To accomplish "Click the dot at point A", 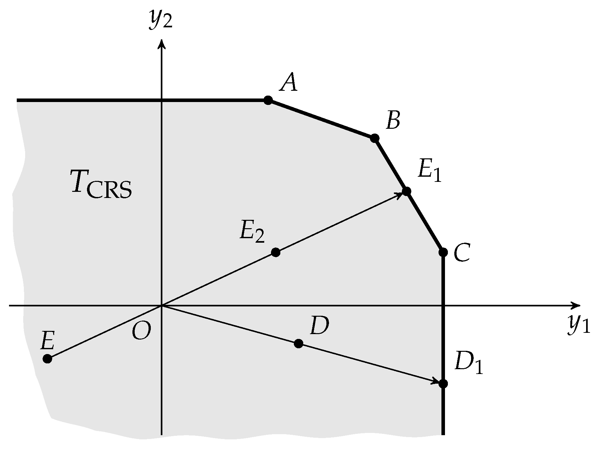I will (268, 100).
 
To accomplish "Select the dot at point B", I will (374, 138).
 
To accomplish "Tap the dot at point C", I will (443, 252).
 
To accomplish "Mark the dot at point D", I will (298, 343).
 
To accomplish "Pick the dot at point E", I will (47, 359).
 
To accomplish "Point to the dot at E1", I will (406, 191).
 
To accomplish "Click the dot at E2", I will (275, 252).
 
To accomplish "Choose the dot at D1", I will (443, 384).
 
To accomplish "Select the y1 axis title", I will (578, 324).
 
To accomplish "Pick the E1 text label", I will (430, 171).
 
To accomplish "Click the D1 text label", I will (469, 362).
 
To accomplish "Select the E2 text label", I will (252, 232).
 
